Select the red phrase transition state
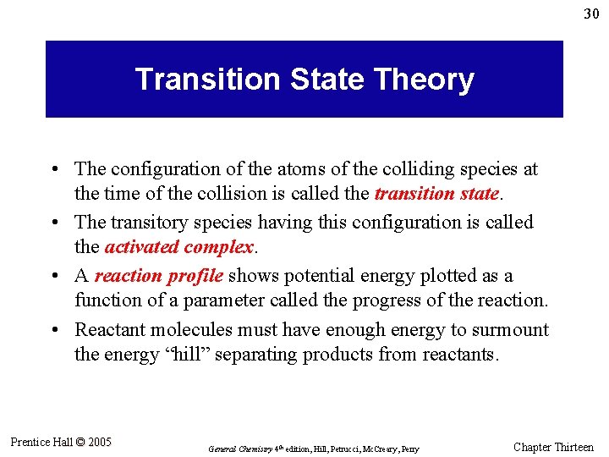pyautogui.click(x=436, y=194)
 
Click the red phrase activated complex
pyautogui.click(x=178, y=247)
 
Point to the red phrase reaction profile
pyautogui.click(x=159, y=276)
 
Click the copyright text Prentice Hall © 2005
pyautogui.click(x=61, y=442)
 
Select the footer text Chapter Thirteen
pyautogui.click(x=553, y=447)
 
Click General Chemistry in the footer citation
pyautogui.click(x=236, y=449)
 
